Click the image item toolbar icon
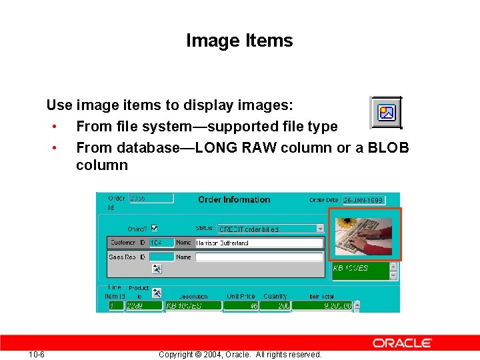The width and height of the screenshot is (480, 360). pyautogui.click(x=387, y=112)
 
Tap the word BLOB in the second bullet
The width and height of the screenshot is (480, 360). pyautogui.click(x=387, y=147)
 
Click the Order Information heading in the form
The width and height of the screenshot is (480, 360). pyautogui.click(x=234, y=199)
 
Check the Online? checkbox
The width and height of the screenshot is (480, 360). pyautogui.click(x=155, y=228)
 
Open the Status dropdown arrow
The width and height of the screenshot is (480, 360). pyautogui.click(x=320, y=228)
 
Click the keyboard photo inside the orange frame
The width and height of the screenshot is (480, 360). pyautogui.click(x=363, y=234)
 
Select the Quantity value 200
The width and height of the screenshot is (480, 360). pyautogui.click(x=275, y=305)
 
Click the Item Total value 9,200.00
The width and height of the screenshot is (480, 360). pyautogui.click(x=321, y=305)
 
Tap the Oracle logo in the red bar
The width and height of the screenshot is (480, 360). pyautogui.click(x=402, y=343)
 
